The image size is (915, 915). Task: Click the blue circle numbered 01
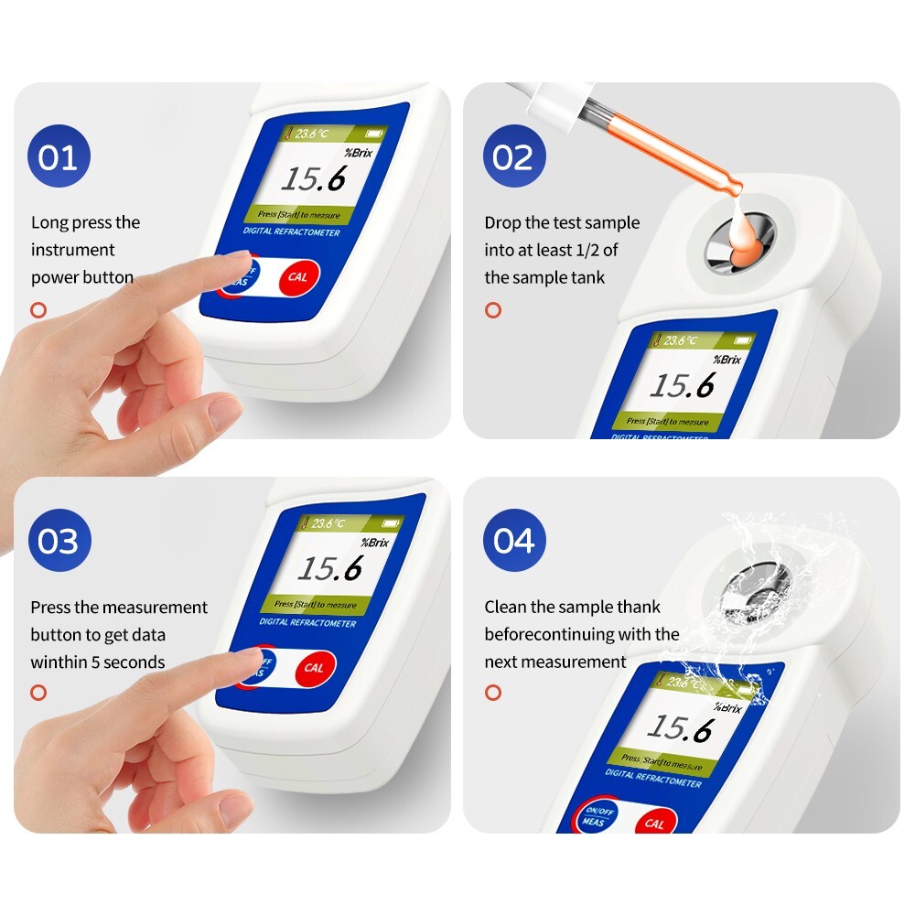[x=59, y=157]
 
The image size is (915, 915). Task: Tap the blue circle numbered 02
[x=513, y=157]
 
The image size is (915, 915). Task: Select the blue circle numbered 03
[x=59, y=542]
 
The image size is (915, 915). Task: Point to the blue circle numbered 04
[x=513, y=541]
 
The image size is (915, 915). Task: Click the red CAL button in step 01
[x=297, y=276]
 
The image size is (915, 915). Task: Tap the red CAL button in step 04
[x=654, y=823]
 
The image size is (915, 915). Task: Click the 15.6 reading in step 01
[x=313, y=178]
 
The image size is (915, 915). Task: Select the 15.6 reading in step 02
[x=682, y=385]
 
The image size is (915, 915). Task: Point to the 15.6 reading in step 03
[x=329, y=569]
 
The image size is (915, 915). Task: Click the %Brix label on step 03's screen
[x=374, y=543]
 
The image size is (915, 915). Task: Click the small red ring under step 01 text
[x=38, y=309]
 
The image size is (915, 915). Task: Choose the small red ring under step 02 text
[x=493, y=309]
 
